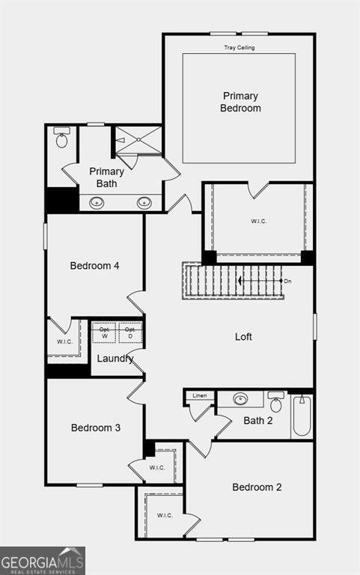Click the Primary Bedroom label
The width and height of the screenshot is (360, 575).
(x=240, y=102)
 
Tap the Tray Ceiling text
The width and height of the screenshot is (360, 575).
(x=240, y=48)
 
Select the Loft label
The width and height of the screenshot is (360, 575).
(x=243, y=337)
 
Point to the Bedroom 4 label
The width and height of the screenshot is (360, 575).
(x=94, y=266)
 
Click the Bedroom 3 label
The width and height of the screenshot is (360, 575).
(x=96, y=428)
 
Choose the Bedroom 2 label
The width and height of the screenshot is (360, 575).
(x=257, y=487)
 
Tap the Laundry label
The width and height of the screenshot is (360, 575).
(x=115, y=359)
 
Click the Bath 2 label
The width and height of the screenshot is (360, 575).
(x=257, y=421)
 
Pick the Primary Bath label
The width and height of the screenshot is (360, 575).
(x=106, y=177)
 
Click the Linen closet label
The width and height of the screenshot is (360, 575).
(x=200, y=395)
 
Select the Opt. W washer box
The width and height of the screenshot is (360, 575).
(x=103, y=332)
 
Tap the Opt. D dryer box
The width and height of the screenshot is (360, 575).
(x=130, y=332)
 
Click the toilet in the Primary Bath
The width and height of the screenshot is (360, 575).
(x=61, y=138)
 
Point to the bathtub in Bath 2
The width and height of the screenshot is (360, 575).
(x=301, y=416)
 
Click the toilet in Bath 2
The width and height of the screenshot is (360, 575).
(x=276, y=404)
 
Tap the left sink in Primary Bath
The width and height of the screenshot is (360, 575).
(x=97, y=202)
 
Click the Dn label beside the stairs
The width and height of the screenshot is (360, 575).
(x=287, y=281)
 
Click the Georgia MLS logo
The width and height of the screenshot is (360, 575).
(x=43, y=561)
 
